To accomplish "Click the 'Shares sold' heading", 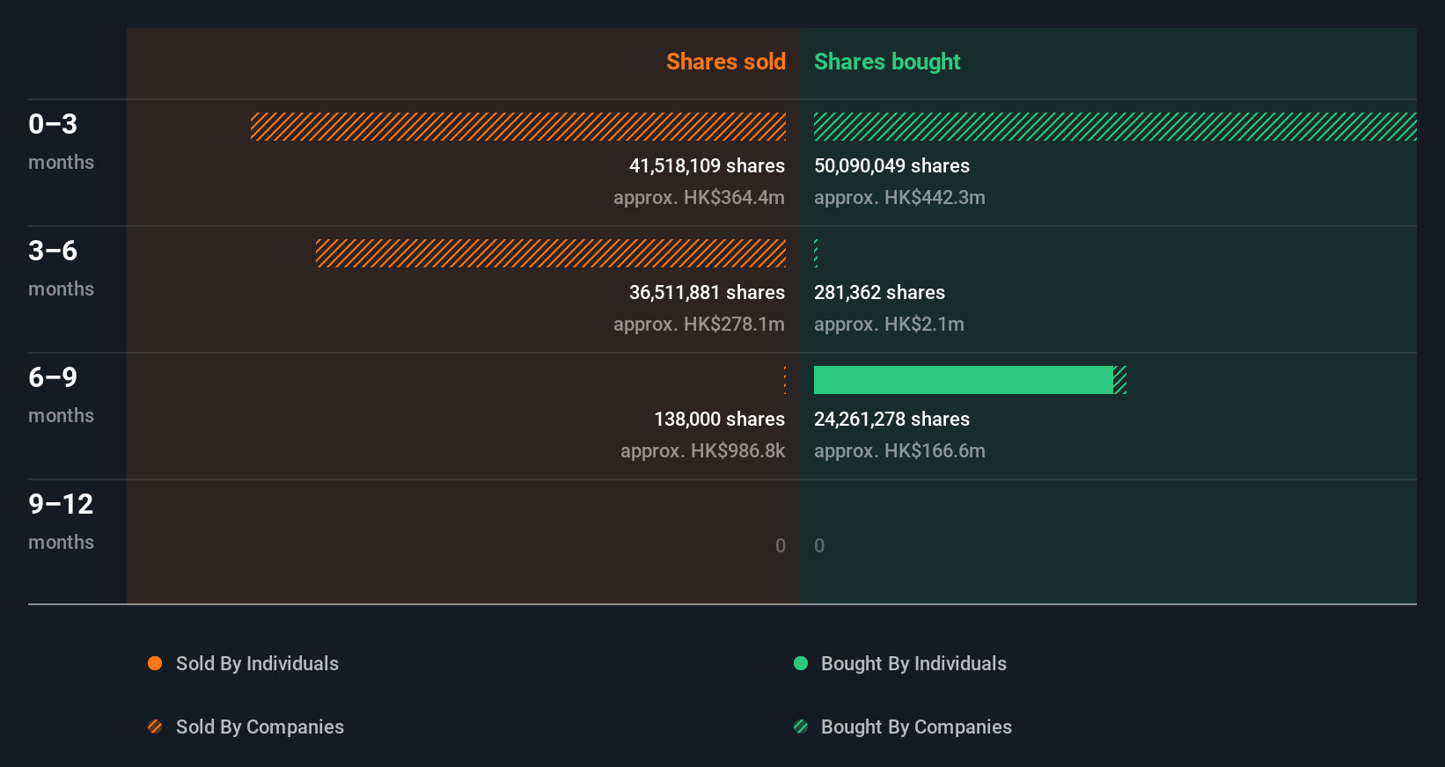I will click(725, 62).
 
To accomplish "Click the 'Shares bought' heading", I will click(886, 62).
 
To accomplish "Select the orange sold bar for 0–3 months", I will click(518, 127).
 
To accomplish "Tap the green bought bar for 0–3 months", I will click(1114, 127).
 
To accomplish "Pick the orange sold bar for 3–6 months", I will click(551, 253).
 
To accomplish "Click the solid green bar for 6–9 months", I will click(963, 380).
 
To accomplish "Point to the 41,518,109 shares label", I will click(706, 165).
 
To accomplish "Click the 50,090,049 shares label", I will click(891, 165).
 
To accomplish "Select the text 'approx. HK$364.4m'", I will click(699, 197).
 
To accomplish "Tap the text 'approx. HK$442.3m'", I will click(899, 197).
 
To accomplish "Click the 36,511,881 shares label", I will click(706, 292).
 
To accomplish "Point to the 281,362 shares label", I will click(879, 292).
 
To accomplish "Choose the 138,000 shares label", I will click(719, 419).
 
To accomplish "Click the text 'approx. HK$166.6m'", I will click(899, 450).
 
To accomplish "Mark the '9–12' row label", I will click(61, 504).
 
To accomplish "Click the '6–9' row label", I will click(53, 377).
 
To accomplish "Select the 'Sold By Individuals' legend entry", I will click(256, 663).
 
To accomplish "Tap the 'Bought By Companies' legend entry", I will click(915, 727).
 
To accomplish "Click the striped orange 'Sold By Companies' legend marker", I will click(155, 727).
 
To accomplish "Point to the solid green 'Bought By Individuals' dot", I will click(801, 663).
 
